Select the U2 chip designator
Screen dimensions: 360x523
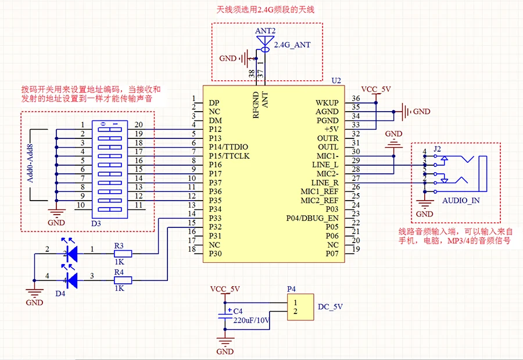pyautogui.click(x=336, y=80)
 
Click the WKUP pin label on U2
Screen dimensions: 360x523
pyautogui.click(x=327, y=102)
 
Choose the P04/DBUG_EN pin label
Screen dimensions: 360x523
pyautogui.click(x=312, y=218)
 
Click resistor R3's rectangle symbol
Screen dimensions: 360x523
pyautogui.click(x=123, y=254)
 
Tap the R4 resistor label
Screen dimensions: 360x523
pyautogui.click(x=119, y=272)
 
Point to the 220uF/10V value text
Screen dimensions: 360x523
pyautogui.click(x=252, y=319)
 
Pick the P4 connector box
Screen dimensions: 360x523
pyautogui.click(x=300, y=308)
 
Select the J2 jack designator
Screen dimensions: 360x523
pyautogui.click(x=438, y=149)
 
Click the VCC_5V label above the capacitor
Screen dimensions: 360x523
pyautogui.click(x=224, y=289)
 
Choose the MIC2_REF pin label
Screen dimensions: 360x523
pyautogui.click(x=319, y=201)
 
